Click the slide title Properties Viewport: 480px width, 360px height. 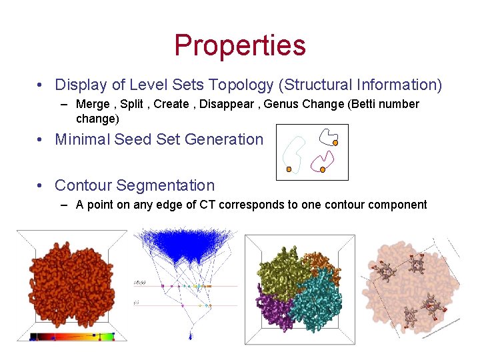click(x=240, y=45)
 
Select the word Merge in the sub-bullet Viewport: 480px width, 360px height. click(x=93, y=104)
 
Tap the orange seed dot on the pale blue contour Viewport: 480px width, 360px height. click(x=289, y=169)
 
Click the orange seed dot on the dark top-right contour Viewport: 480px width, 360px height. click(x=336, y=142)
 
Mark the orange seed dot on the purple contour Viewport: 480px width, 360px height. click(x=323, y=170)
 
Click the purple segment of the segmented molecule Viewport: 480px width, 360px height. click(x=274, y=309)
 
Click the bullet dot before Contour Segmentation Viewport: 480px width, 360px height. click(x=41, y=185)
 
